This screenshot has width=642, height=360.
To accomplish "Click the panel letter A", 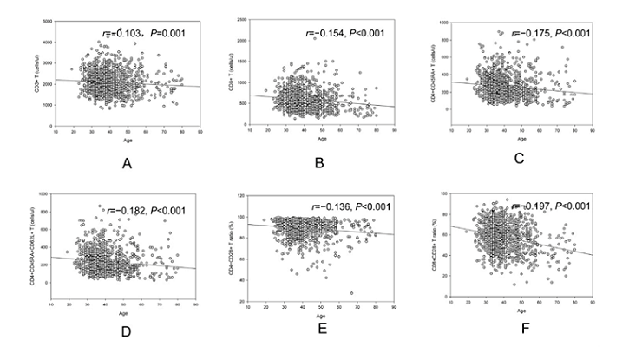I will click(x=128, y=160).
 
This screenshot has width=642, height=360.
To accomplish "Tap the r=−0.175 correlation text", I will click(x=552, y=33).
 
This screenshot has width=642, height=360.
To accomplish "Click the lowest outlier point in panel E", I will click(x=351, y=293).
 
